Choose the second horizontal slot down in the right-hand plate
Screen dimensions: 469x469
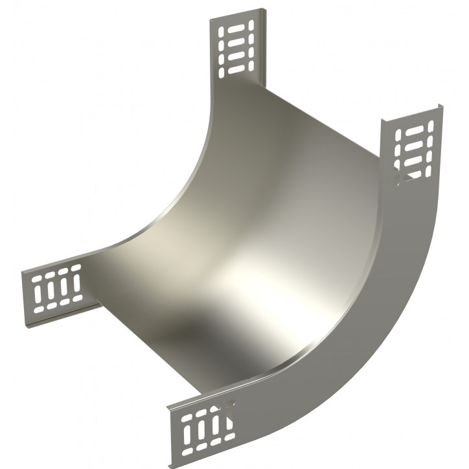click(413, 145)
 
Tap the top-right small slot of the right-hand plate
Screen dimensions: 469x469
click(427, 129)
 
